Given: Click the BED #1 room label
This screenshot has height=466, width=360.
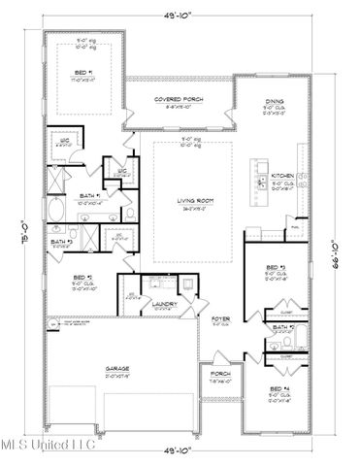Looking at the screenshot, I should tap(82, 73).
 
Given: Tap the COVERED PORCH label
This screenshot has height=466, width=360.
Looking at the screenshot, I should tap(178, 99).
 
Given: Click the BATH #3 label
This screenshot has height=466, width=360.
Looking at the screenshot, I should tap(61, 242).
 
